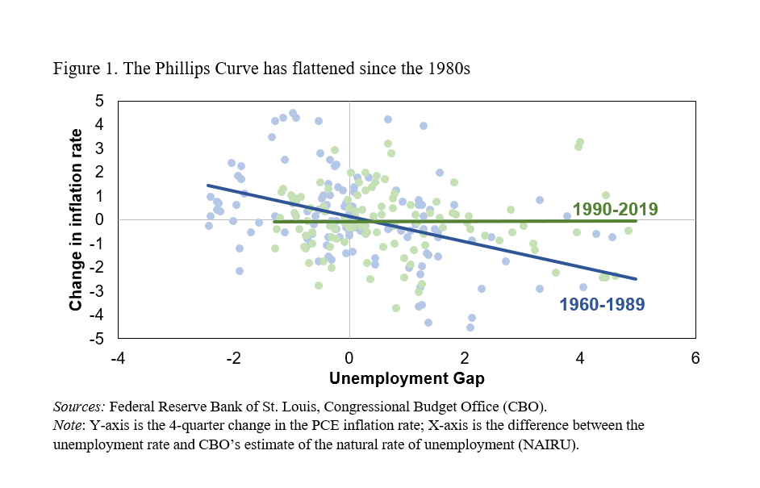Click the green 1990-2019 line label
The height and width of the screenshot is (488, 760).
615,210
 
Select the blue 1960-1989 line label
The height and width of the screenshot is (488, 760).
601,304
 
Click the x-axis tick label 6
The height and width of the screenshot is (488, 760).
695,357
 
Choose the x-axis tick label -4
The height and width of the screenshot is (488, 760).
118,357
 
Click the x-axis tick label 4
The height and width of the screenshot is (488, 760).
580,357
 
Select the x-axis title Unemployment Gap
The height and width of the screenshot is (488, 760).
407,377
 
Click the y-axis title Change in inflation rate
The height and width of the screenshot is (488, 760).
76,219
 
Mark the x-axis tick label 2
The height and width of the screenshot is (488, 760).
465,357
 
